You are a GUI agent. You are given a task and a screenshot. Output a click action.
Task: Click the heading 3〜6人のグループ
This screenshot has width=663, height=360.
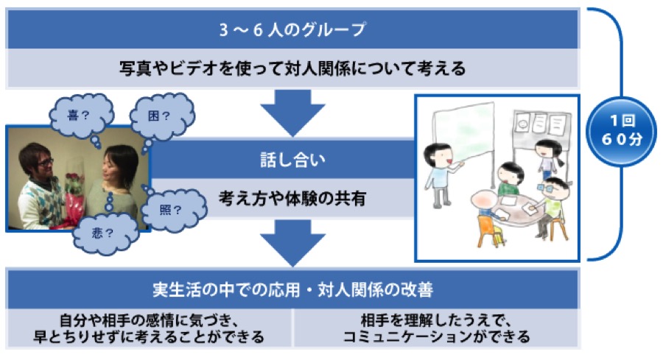click(x=292, y=30)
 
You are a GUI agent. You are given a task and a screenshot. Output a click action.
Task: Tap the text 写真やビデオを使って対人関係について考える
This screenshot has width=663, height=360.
click(x=292, y=69)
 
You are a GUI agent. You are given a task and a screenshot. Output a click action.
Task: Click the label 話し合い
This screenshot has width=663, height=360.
click(x=292, y=158)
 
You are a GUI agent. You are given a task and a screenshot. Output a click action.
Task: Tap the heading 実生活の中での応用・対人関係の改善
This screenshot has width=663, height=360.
click(x=292, y=289)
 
